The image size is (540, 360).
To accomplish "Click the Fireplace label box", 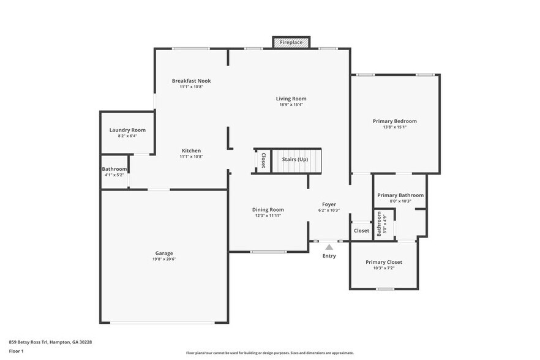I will click(291, 42).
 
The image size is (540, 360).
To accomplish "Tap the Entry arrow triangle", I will click(329, 247).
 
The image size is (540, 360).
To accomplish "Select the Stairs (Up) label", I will click(294, 160).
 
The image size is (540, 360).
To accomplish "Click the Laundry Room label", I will click(127, 130).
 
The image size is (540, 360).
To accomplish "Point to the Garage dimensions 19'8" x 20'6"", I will click(163, 259).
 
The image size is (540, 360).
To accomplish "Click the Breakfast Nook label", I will click(191, 81).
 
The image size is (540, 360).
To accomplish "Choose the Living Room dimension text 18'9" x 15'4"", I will click(291, 105).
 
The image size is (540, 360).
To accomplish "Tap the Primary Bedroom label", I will click(394, 121).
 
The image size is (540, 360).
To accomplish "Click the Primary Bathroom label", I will click(400, 195).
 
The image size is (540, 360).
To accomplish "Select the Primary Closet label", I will click(384, 262).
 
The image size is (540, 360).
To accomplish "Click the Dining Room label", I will click(268, 209).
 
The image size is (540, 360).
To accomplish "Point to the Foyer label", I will click(329, 204).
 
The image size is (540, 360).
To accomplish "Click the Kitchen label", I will click(191, 151).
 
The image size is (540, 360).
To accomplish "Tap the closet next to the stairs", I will click(263, 160).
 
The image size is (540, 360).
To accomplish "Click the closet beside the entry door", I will click(361, 231).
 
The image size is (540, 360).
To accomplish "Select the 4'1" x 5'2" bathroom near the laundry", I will click(114, 171).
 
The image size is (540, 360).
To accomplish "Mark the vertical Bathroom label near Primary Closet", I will click(380, 224).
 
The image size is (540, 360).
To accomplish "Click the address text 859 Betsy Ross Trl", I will click(50, 342).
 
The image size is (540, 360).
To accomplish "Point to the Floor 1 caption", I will click(17, 351).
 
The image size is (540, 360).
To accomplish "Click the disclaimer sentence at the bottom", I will click(269, 353).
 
